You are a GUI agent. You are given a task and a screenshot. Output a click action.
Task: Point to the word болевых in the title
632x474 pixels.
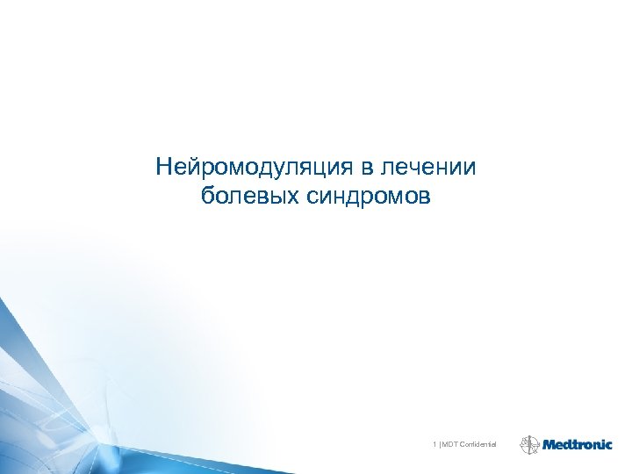249,195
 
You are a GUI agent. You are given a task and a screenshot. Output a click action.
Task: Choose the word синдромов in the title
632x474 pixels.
369,195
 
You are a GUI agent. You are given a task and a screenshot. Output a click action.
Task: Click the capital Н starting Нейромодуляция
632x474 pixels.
163,166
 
